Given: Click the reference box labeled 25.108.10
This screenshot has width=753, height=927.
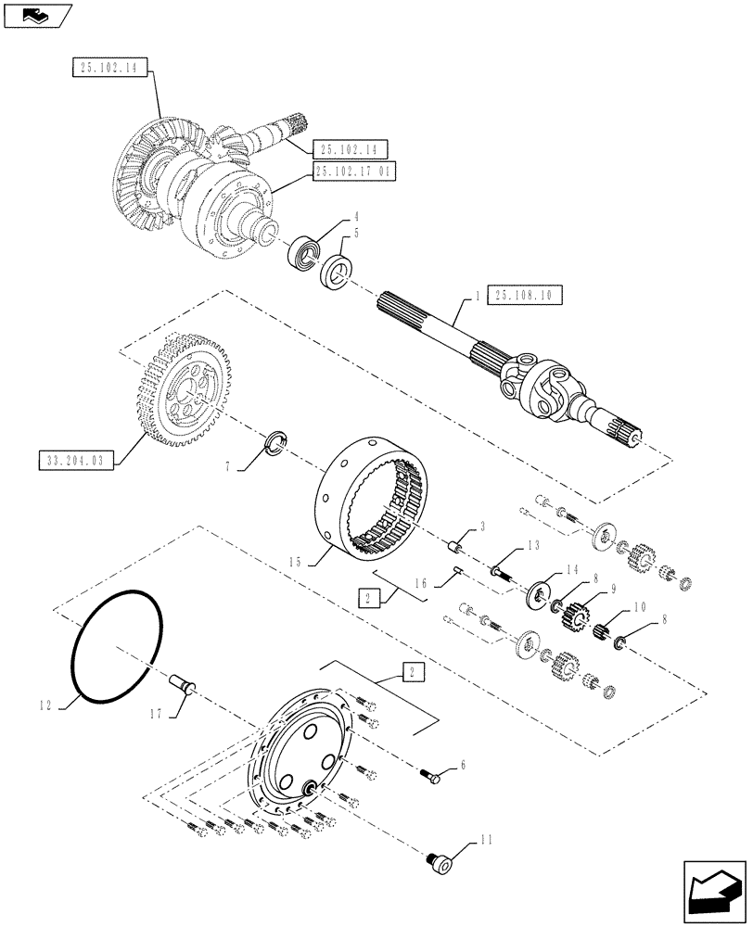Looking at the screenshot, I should click(x=524, y=296).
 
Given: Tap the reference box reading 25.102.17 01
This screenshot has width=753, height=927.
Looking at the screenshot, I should click(x=355, y=171).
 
